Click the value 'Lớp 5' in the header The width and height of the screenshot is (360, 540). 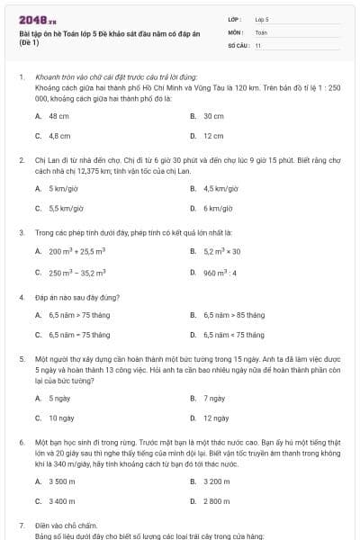pos(262,18)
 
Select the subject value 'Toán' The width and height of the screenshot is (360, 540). pos(261,31)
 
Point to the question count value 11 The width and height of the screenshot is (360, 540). pos(258,44)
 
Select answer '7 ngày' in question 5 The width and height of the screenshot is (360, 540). pos(213,398)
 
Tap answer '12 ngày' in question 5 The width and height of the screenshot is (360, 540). pos(215,418)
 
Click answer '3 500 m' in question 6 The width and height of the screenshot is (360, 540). pos(62,481)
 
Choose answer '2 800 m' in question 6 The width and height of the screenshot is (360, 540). pos(217,500)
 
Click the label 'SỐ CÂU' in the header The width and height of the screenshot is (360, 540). pos(238,44)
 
